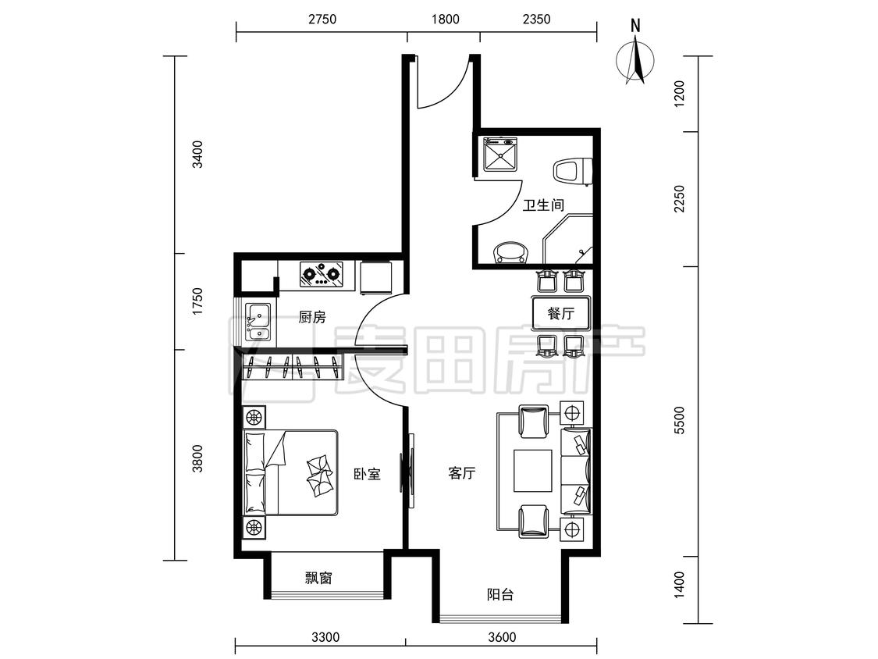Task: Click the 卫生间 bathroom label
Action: (x=542, y=205)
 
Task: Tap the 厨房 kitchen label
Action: (x=312, y=318)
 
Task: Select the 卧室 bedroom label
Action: (x=368, y=474)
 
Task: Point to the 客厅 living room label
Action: (x=462, y=473)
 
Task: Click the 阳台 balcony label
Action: (x=500, y=594)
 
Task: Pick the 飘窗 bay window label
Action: (x=318, y=578)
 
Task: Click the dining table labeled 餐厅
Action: (x=561, y=312)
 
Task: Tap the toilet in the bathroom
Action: (x=573, y=172)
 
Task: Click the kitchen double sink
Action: (x=258, y=322)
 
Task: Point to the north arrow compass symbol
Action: (x=635, y=56)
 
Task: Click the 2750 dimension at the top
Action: (x=322, y=20)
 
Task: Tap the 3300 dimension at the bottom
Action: (x=325, y=637)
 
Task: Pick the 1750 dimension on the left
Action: (x=197, y=301)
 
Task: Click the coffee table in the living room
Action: (x=533, y=471)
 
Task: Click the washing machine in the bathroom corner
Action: (x=500, y=155)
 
